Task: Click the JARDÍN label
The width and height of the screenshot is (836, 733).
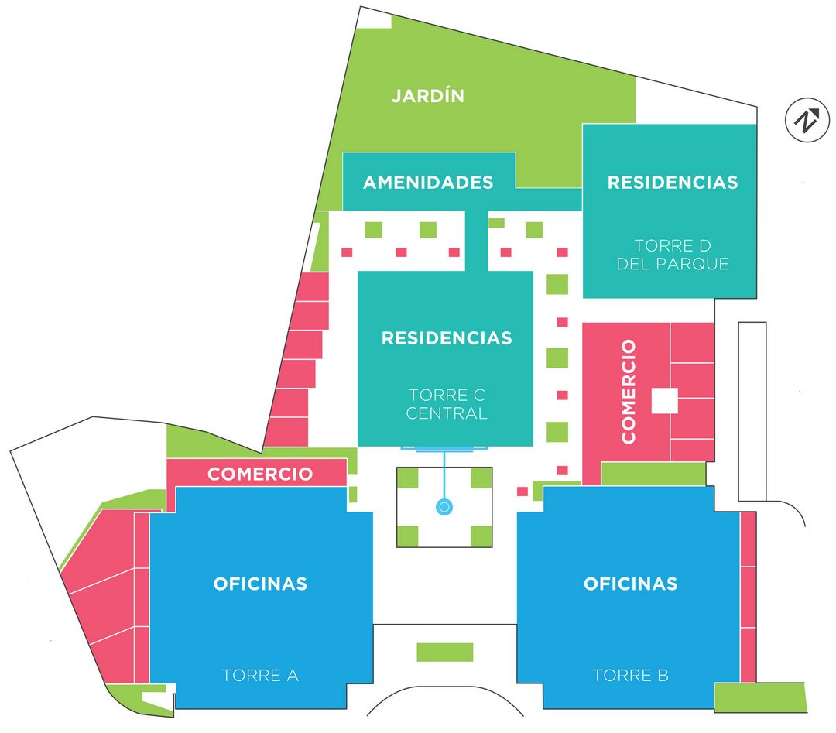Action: pos(427,96)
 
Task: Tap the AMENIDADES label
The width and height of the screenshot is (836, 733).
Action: pos(428,182)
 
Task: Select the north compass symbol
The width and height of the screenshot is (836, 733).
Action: pos(807,121)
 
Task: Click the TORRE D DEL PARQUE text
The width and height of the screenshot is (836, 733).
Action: pos(672,255)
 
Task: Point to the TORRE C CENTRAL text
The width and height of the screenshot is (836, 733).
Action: pos(446,404)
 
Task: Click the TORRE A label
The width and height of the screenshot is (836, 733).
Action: pos(260,675)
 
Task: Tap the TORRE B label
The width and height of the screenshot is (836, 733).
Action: pos(630,675)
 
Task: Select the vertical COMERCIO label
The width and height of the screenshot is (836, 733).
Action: pos(628,391)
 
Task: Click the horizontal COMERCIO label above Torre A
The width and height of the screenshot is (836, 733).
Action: pos(259,474)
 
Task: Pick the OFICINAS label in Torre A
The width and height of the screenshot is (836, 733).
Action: pos(260,584)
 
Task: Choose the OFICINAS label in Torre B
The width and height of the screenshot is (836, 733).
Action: pos(630,584)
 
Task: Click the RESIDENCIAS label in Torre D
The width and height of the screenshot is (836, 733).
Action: pos(672,183)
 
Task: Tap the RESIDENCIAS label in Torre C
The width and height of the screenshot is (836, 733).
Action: pos(447,338)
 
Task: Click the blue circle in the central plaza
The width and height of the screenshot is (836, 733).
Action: pos(444,507)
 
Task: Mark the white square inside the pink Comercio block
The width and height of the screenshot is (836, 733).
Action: pos(664,401)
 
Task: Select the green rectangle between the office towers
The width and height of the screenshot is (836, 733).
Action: pos(444,652)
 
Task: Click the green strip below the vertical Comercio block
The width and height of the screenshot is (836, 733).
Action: pos(653,474)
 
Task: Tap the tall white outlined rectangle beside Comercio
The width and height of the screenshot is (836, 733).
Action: pos(752,411)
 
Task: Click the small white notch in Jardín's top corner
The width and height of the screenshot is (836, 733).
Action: pos(375,19)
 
